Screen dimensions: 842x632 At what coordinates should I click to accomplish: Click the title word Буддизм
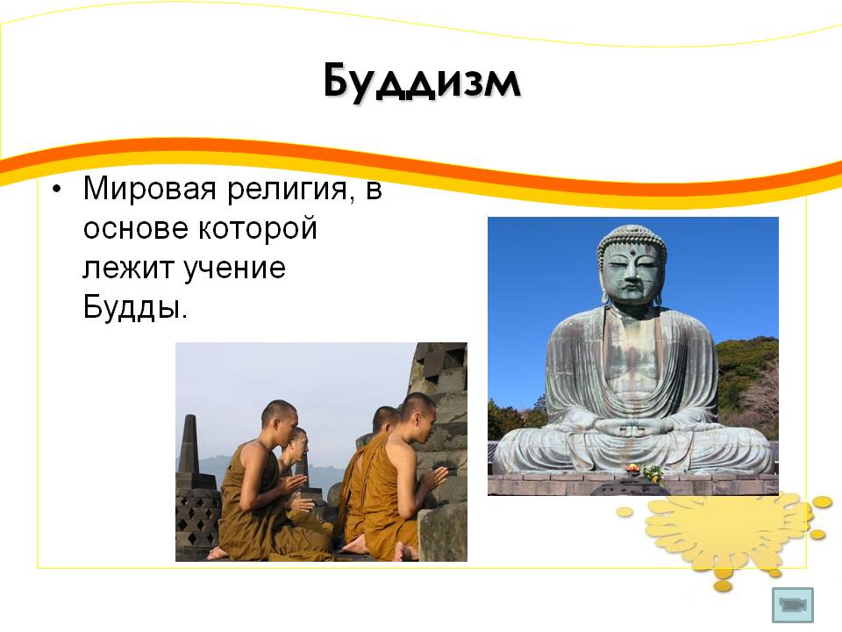422,83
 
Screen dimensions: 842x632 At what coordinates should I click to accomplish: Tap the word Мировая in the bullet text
150,190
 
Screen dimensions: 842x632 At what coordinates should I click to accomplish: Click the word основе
136,229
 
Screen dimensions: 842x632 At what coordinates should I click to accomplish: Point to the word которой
258,229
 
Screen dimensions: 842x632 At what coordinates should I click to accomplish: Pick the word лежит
128,269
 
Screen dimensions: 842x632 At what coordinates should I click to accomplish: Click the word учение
235,269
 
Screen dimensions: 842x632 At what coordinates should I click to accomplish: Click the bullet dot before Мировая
57,190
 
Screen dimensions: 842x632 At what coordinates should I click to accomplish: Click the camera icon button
793,605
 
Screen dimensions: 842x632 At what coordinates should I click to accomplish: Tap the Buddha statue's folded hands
631,427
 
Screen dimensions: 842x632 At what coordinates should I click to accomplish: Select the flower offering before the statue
646,472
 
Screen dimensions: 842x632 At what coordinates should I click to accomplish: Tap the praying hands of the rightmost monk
436,478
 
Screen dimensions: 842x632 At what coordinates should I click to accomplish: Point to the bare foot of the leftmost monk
218,553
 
